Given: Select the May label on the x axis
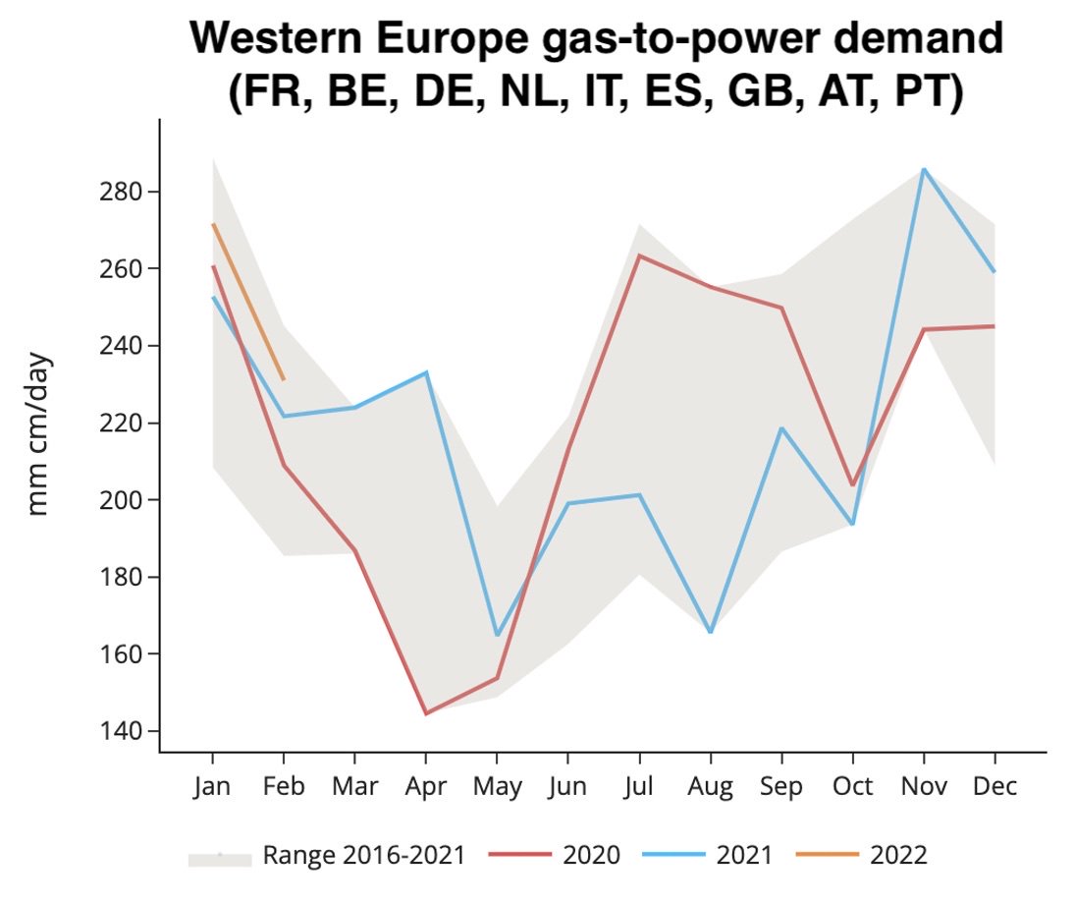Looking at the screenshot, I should (497, 787).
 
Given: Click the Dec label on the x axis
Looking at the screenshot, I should (995, 787).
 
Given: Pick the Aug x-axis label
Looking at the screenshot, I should (710, 787).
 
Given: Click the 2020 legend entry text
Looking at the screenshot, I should (591, 855).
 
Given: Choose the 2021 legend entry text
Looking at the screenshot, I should (744, 855).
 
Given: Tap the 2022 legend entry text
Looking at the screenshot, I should (897, 855).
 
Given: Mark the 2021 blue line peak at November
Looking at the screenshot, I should (924, 169).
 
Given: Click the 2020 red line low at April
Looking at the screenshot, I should (425, 713).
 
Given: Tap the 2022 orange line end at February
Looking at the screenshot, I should (284, 379).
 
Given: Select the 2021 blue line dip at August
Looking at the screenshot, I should (710, 632).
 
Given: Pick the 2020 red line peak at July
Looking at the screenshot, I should (639, 255).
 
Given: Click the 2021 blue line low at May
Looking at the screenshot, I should (497, 636).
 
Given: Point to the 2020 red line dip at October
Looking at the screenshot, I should (852, 485).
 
